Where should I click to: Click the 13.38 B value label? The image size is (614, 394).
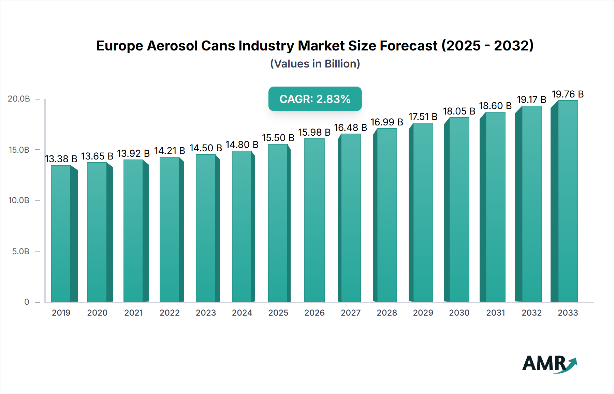[x=61, y=159]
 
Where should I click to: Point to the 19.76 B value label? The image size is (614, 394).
[x=568, y=94]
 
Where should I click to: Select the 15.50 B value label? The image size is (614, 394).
[x=278, y=138]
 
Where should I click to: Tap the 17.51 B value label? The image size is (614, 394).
[x=423, y=117]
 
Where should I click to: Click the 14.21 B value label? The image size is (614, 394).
[x=170, y=151]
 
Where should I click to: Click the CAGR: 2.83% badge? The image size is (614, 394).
[x=315, y=99]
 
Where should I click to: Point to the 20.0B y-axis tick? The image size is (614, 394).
[x=19, y=99]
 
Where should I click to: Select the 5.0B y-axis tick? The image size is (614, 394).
[x=20, y=252]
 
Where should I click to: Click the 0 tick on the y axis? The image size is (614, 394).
[x=27, y=302]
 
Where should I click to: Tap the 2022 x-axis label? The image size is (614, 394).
[x=170, y=313]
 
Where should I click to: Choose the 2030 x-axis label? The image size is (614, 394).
[x=459, y=313]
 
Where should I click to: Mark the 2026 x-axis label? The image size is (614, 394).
[x=314, y=313]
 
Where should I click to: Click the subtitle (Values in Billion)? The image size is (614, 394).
[x=315, y=64]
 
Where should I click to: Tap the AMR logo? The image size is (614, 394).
[x=549, y=364]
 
